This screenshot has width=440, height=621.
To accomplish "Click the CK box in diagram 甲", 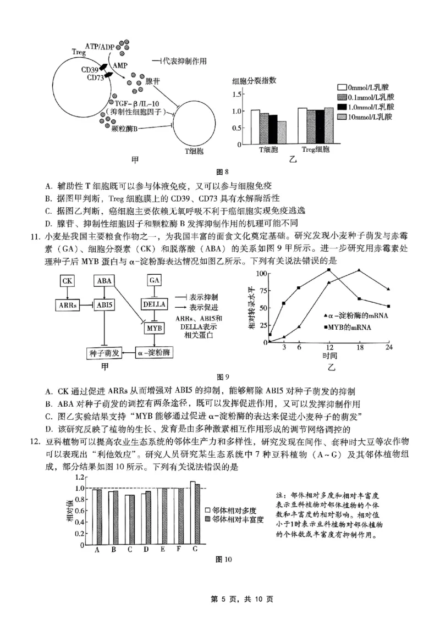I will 68,281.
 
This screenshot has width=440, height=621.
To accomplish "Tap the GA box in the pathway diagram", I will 154,281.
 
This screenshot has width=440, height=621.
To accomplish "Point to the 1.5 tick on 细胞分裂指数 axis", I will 238,94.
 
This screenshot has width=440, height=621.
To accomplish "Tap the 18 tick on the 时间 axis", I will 359,347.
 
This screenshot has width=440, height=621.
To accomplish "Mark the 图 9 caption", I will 222,376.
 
